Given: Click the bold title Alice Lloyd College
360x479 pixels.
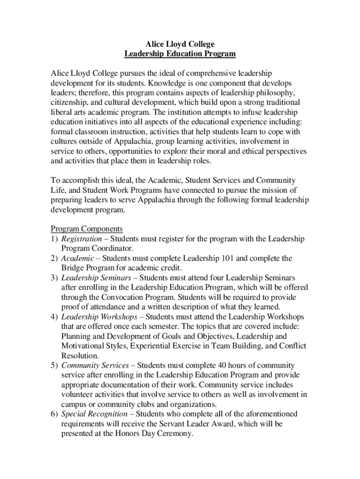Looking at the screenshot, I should tap(180, 44).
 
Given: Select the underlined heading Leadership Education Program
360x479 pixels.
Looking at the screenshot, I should tap(180, 54).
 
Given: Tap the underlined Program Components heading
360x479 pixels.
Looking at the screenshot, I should tap(86, 229).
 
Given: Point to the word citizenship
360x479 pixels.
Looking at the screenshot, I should tap(70, 102).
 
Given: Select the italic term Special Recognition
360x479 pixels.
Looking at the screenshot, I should tap(94, 414).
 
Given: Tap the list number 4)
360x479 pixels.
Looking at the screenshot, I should tap(54, 317).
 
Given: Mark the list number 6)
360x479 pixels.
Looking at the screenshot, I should tap(54, 414).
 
